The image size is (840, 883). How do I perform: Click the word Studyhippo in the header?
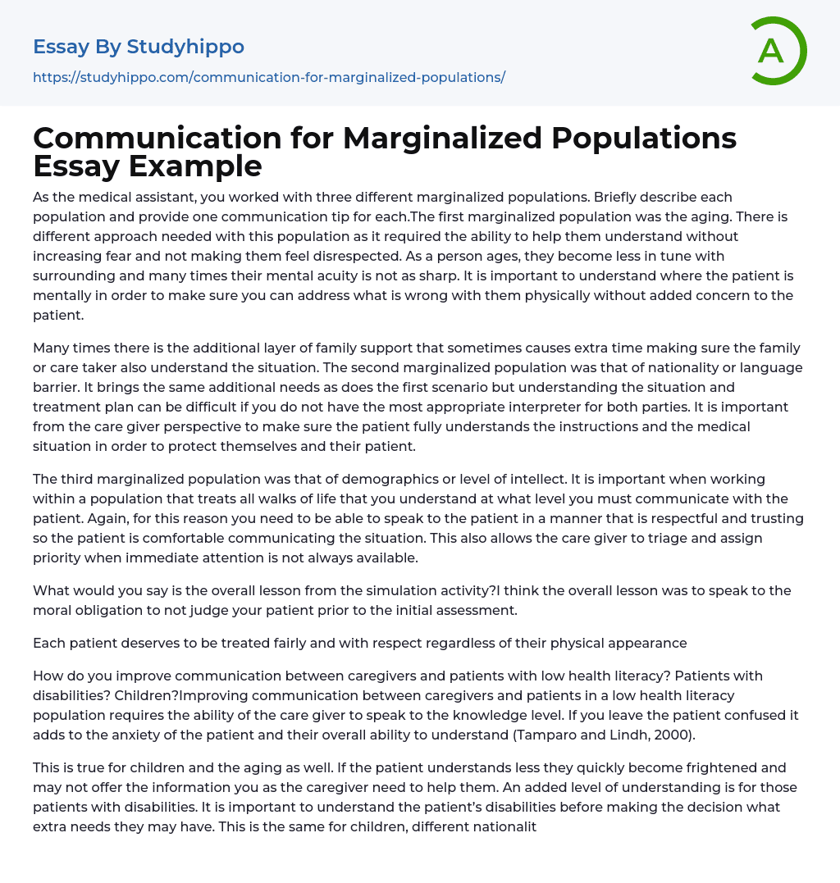click(x=185, y=47)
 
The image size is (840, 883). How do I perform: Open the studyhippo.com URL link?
click(x=269, y=77)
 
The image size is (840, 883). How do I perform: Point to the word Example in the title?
click(x=194, y=166)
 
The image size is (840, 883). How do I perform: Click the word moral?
click(x=52, y=610)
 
